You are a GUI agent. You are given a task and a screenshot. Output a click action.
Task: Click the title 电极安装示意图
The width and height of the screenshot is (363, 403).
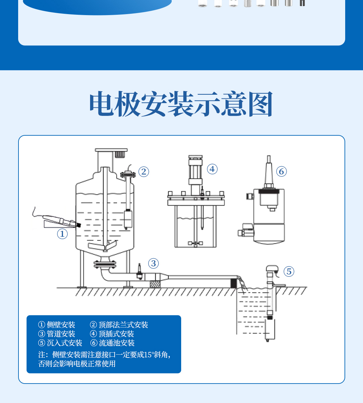[181, 103]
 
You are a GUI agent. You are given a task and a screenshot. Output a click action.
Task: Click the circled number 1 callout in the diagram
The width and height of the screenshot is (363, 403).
[62, 234]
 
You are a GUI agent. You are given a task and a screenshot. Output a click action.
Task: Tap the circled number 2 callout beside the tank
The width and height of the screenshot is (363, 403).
[144, 172]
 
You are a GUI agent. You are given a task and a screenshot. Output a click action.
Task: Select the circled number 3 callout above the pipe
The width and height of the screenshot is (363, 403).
[154, 263]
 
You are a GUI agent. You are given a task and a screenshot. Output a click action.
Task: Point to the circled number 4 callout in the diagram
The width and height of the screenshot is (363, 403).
[212, 169]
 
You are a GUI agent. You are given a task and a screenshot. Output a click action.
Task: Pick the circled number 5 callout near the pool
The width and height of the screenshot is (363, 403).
[289, 271]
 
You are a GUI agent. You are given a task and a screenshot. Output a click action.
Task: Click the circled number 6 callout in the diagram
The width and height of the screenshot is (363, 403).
[281, 171]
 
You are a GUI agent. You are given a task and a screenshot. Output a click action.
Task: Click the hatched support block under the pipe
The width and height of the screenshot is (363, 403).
[155, 284]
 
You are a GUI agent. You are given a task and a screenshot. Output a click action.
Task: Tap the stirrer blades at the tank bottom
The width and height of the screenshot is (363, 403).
[103, 246]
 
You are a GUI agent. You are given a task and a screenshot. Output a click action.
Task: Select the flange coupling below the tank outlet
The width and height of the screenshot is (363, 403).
[105, 264]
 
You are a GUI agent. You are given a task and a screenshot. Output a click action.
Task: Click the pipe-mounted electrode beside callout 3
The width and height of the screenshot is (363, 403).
[139, 272]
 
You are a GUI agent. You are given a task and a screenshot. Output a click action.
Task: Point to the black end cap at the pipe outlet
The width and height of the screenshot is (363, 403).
[234, 283]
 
